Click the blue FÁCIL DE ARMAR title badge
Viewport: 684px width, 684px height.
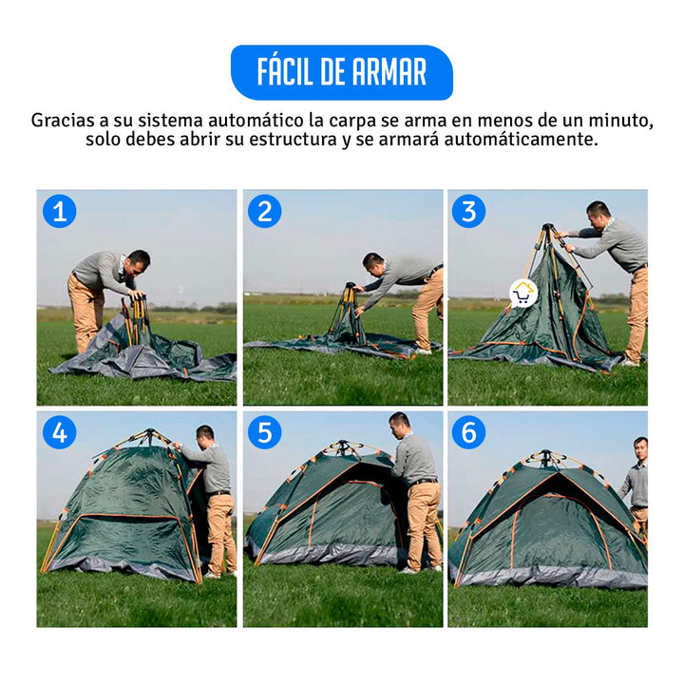click(x=341, y=72)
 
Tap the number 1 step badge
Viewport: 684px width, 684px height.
click(x=59, y=211)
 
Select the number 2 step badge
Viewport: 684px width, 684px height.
click(x=265, y=211)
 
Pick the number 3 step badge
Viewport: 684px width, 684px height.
click(x=468, y=211)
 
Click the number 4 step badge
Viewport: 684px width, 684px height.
click(x=59, y=432)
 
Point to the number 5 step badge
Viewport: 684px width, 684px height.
click(x=265, y=432)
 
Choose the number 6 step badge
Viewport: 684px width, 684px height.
click(x=468, y=432)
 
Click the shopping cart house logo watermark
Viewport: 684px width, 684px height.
click(x=522, y=293)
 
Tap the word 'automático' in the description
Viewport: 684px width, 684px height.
click(x=238, y=121)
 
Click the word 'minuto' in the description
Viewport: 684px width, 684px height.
click(x=622, y=121)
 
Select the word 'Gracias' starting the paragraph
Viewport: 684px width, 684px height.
click(x=63, y=121)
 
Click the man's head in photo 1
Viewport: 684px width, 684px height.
click(x=139, y=260)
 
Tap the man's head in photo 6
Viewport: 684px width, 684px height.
click(x=640, y=446)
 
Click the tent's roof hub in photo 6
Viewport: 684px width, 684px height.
click(x=545, y=457)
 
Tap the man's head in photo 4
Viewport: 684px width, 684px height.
click(x=204, y=435)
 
